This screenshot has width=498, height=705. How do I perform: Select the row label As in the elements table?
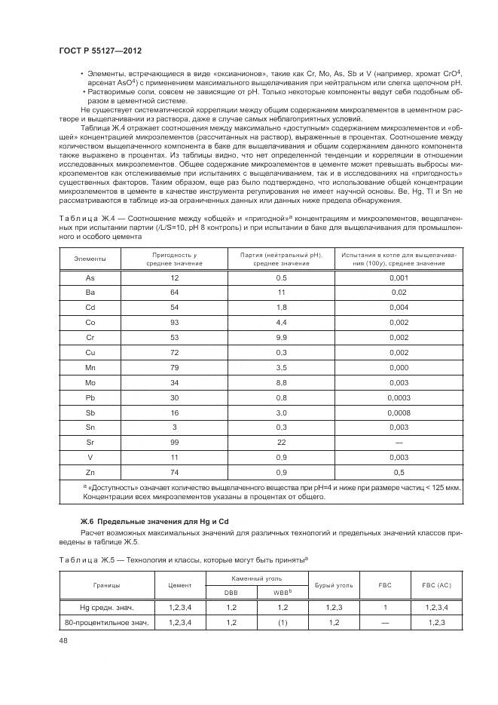[x=90, y=277]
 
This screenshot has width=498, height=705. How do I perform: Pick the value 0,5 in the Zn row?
[x=399, y=473]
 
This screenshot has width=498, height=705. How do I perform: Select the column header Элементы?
[x=90, y=259]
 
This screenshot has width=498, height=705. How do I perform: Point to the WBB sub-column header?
[x=282, y=593]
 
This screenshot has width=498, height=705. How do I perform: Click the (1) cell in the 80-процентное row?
[x=281, y=622]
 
